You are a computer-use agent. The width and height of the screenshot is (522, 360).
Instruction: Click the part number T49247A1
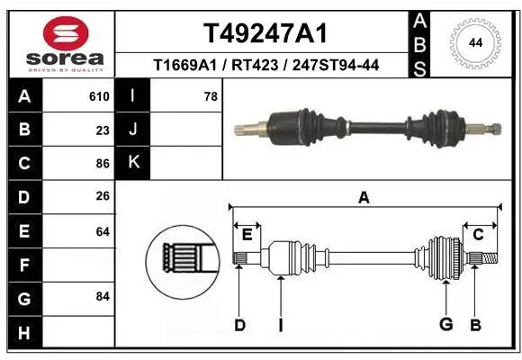pyautogui.click(x=264, y=33)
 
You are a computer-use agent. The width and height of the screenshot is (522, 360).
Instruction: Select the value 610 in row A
pyautogui.click(x=99, y=95)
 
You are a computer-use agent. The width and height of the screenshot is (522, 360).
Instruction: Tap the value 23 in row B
pyautogui.click(x=103, y=130)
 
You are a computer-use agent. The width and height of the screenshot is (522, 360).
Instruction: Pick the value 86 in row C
pyautogui.click(x=103, y=164)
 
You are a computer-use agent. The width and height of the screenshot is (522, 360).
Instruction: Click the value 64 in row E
pyautogui.click(x=103, y=231)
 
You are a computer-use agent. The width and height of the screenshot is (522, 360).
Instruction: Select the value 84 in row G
pyautogui.click(x=103, y=296)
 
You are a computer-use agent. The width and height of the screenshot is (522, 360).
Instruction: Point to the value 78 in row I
pyautogui.click(x=211, y=95)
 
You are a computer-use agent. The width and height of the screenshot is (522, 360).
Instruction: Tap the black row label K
pyautogui.click(x=133, y=163)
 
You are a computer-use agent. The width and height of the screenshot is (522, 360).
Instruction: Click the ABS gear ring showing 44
pyautogui.click(x=473, y=42)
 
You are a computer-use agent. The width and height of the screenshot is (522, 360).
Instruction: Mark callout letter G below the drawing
pyautogui.click(x=445, y=324)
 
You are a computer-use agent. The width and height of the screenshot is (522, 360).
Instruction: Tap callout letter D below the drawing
pyautogui.click(x=239, y=324)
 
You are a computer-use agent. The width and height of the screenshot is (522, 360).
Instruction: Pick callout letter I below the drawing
pyautogui.click(x=280, y=324)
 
